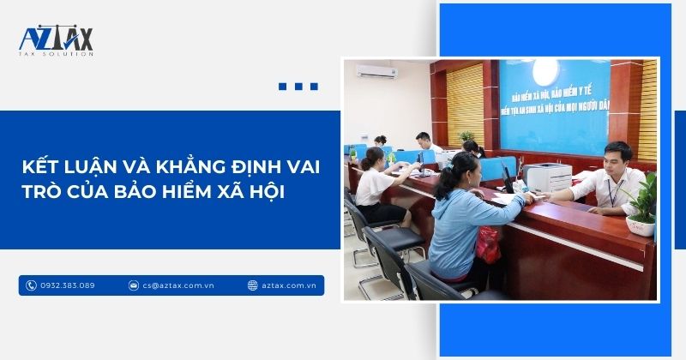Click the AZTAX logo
[56, 39]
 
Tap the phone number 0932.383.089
[68, 285]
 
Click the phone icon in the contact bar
[32, 285]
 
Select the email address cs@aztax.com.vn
[178, 285]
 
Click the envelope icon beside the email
[134, 285]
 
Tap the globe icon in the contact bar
[252, 285]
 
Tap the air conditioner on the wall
[377, 71]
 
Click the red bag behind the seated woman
[488, 244]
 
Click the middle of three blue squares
[298, 87]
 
